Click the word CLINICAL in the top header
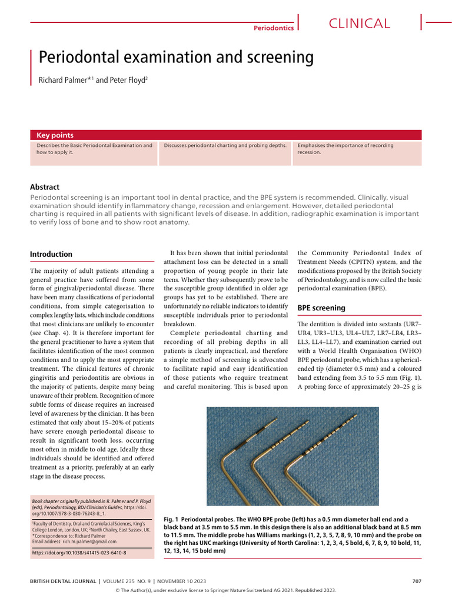point(359,24)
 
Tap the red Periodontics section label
point(273,28)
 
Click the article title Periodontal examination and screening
point(176,58)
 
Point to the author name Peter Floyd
point(128,80)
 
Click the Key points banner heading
point(55,135)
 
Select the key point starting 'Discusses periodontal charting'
point(225,145)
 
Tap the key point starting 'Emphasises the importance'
point(345,148)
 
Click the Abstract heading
point(45,187)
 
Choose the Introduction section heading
point(51,255)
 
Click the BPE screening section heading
point(321,307)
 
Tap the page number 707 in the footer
point(417,581)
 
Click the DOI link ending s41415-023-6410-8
point(79,553)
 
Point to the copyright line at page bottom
point(226,593)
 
